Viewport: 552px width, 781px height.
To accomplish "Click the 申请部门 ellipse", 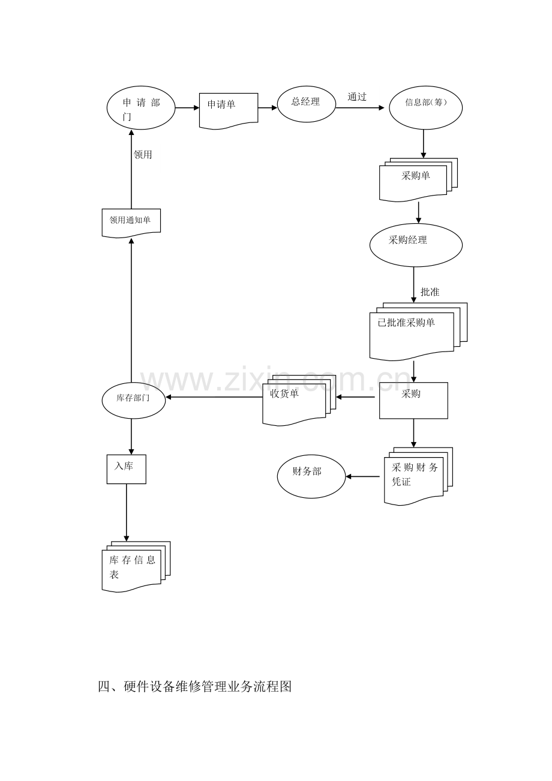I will pyautogui.click(x=141, y=108).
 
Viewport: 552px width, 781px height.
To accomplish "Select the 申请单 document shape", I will pyautogui.click(x=228, y=110).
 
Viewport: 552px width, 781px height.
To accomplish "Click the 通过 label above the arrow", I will pyautogui.click(x=357, y=97).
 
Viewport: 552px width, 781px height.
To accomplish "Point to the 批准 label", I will pyautogui.click(x=430, y=292).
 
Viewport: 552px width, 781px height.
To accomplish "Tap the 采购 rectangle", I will pyautogui.click(x=413, y=400).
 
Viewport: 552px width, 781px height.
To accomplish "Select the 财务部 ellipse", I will pyautogui.click(x=311, y=476).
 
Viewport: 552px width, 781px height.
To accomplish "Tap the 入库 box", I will pyautogui.click(x=126, y=469).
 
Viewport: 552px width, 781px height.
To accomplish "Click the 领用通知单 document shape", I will pyautogui.click(x=131, y=222).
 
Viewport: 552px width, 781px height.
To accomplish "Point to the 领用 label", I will pyautogui.click(x=143, y=155).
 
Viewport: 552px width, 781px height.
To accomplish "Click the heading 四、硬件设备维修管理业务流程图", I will pyautogui.click(x=195, y=687).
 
